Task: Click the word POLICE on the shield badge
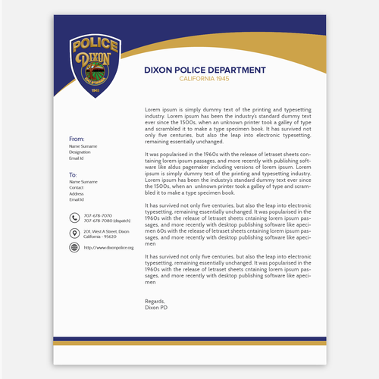tap(95, 45)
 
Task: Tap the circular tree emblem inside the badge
tap(95, 72)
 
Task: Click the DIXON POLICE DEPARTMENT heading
tap(205, 70)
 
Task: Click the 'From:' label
tap(77, 139)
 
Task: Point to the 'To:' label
tap(74, 175)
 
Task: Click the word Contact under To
tap(77, 187)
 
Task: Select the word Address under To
tap(77, 193)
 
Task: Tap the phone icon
tap(74, 218)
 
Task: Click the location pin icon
tap(74, 233)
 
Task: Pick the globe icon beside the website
tap(74, 247)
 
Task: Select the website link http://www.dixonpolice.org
tap(108, 248)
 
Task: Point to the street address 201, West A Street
tap(106, 230)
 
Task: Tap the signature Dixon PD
tap(156, 307)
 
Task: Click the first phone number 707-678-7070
tap(98, 215)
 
